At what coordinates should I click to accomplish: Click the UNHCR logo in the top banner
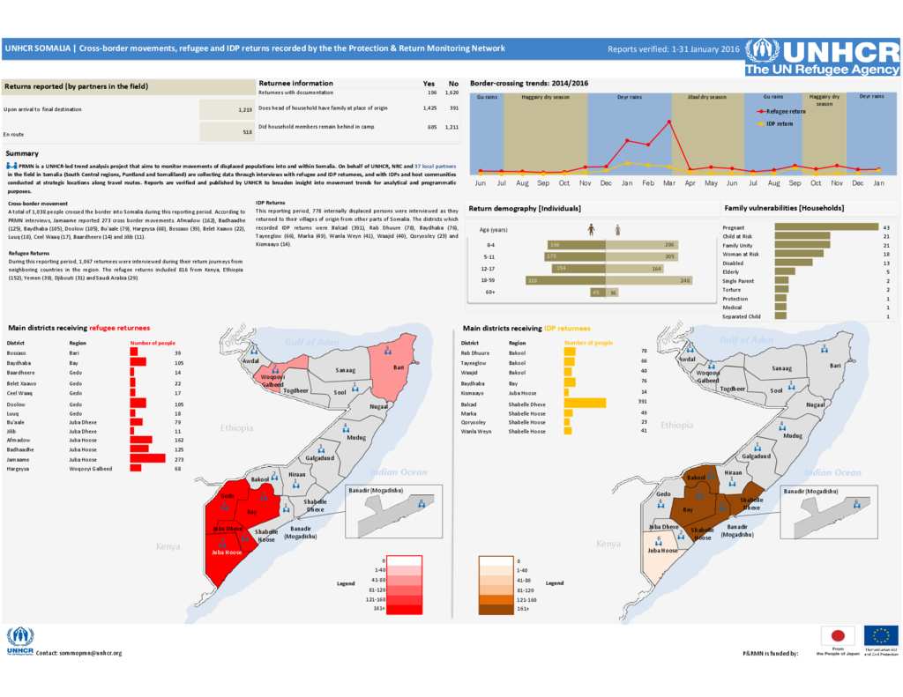(822, 56)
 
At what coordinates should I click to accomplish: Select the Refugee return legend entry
(786, 112)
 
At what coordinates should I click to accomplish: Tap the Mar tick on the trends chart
(669, 182)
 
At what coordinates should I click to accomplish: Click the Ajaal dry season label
(706, 97)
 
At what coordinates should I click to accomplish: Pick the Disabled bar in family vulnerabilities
(794, 263)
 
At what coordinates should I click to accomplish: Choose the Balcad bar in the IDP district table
(586, 403)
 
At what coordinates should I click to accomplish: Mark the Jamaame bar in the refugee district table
(147, 458)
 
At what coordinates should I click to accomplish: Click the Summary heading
(21, 153)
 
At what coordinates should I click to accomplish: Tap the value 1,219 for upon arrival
(245, 109)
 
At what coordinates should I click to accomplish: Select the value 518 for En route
(248, 131)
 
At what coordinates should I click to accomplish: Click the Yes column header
(429, 83)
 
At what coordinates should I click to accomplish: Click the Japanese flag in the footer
(837, 635)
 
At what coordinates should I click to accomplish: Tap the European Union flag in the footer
(881, 635)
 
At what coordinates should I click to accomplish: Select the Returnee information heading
(295, 83)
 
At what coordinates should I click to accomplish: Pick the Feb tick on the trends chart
(648, 182)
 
